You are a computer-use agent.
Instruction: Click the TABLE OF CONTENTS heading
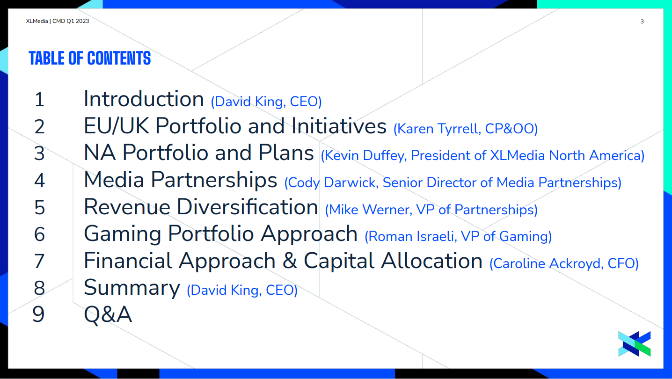pyautogui.click(x=90, y=58)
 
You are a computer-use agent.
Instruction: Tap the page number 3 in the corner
pyautogui.click(x=642, y=22)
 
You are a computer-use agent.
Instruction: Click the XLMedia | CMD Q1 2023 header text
pyautogui.click(x=57, y=21)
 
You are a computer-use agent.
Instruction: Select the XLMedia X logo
pyautogui.click(x=635, y=343)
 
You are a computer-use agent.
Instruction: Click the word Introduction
pyautogui.click(x=144, y=99)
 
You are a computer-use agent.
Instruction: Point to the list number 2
pyautogui.click(x=39, y=126)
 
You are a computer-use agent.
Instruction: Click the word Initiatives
pyautogui.click(x=339, y=126)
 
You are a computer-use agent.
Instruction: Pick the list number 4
pyautogui.click(x=39, y=181)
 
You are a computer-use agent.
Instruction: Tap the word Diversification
pyautogui.click(x=248, y=207)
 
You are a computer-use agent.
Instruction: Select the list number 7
pyautogui.click(x=39, y=262)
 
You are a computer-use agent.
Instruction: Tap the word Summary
pyautogui.click(x=132, y=288)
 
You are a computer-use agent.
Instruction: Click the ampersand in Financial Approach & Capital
pyautogui.click(x=290, y=261)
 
